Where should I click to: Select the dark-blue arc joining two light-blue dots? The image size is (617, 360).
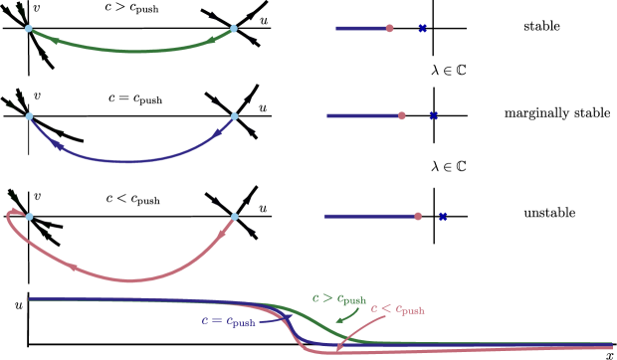126,161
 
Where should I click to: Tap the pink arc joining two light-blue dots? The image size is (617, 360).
129,279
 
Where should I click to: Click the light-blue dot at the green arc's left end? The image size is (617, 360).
29,29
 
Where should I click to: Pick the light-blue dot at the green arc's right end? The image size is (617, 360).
234,29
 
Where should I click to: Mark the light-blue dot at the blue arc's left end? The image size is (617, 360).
29,116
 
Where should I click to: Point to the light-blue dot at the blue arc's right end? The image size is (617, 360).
235,116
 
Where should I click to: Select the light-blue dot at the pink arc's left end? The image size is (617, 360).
29,217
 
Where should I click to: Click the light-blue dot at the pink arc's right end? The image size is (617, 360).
235,216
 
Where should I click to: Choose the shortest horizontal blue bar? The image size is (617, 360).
360,29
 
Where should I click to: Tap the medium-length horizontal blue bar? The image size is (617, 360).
362,116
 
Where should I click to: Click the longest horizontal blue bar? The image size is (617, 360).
368,216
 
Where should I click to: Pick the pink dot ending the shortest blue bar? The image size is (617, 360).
390,29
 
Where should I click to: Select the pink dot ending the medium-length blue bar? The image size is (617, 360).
402,116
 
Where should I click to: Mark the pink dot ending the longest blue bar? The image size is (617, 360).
418,216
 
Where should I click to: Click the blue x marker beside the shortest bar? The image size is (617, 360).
422,29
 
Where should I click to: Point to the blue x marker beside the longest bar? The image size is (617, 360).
443,216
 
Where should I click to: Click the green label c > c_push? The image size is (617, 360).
338,298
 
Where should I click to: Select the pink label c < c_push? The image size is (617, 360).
397,309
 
